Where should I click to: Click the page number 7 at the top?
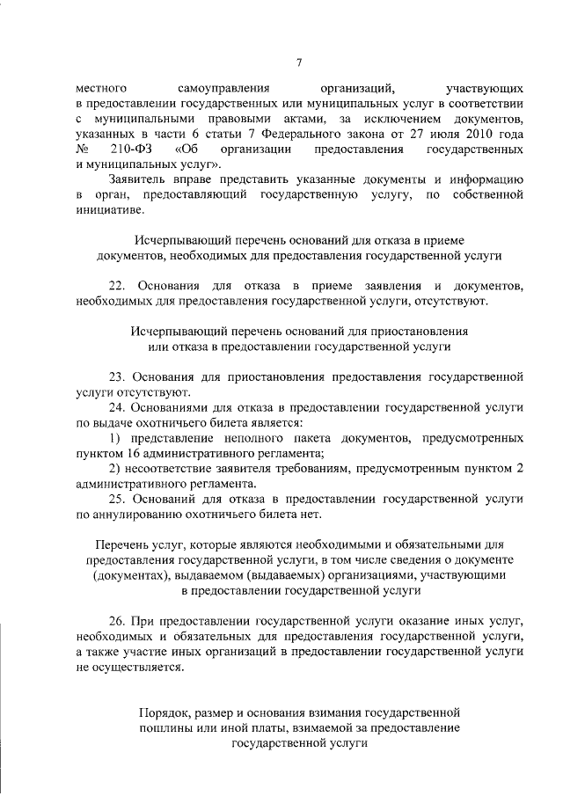(299, 62)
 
